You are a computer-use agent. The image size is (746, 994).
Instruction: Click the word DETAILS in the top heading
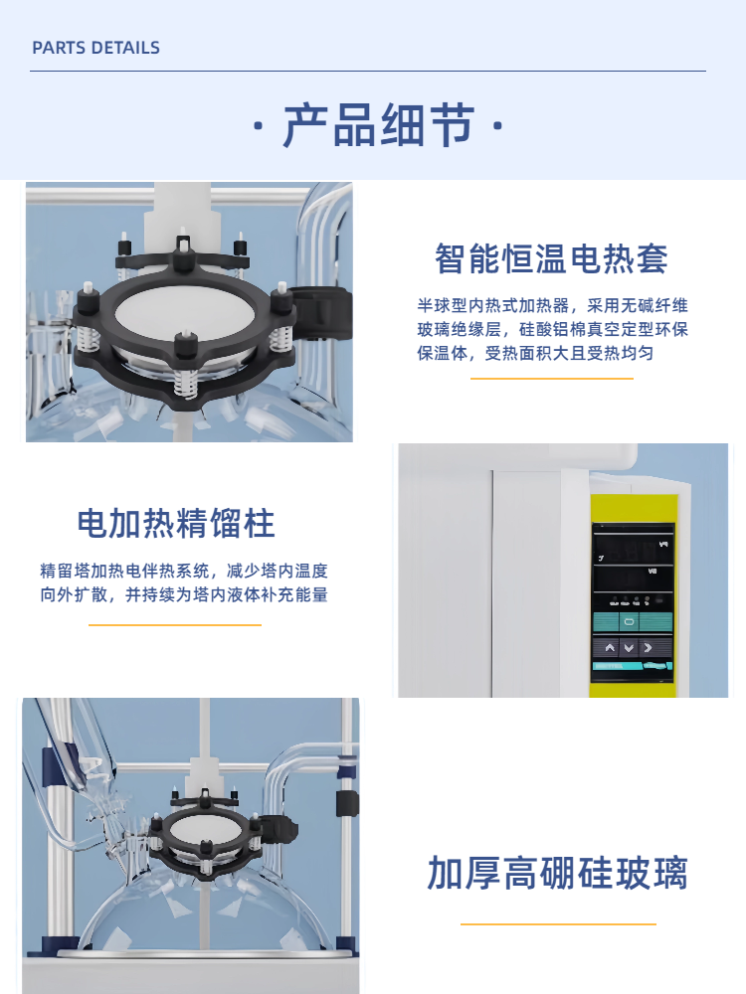click(126, 48)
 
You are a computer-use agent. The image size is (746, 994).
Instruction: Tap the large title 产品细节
click(378, 125)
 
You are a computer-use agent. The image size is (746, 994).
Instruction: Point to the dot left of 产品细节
click(259, 125)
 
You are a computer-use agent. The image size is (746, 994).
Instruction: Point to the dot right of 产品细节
click(498, 125)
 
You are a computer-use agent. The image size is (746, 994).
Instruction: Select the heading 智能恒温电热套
click(551, 259)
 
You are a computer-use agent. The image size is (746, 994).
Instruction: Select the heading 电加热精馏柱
click(176, 524)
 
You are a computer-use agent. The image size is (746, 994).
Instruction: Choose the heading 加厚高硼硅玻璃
click(558, 873)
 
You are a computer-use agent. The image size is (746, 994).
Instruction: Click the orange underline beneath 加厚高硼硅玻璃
click(558, 924)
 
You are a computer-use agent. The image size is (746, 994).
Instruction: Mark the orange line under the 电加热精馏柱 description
click(175, 625)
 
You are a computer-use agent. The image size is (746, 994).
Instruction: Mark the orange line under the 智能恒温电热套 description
click(552, 379)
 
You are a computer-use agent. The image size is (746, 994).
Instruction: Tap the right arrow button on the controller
click(648, 648)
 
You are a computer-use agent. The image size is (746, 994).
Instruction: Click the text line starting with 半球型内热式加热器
click(552, 305)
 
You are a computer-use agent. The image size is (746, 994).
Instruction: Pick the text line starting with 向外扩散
click(184, 594)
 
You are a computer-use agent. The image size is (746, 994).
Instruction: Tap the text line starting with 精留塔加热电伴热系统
click(184, 571)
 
